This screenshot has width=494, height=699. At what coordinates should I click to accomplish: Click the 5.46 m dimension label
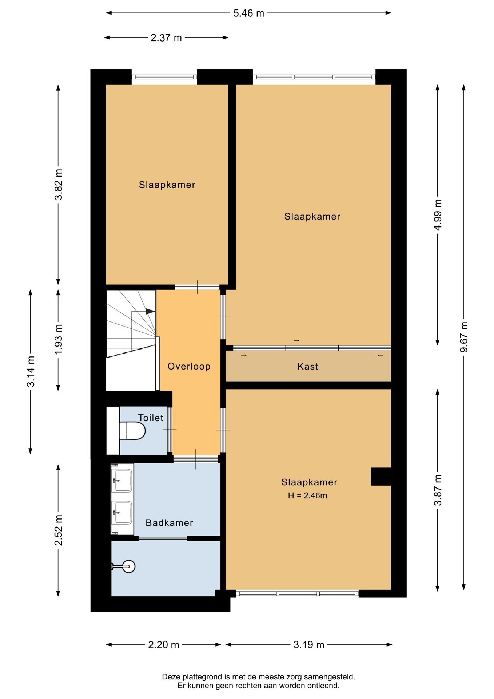coord(248,13)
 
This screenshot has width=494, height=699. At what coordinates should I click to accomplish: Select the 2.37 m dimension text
coord(166,38)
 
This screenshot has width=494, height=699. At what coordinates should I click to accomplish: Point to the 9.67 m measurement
coord(464,337)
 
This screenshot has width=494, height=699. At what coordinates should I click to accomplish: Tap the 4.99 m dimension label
coord(438,215)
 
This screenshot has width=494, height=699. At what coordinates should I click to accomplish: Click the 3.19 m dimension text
coord(309,645)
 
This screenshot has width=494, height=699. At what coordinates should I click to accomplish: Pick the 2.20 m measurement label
coord(164,645)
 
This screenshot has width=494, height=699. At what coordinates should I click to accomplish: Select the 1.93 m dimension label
coord(59,339)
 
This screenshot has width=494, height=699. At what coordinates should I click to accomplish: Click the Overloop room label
coord(189,366)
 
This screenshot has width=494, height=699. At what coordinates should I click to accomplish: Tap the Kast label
coord(308,366)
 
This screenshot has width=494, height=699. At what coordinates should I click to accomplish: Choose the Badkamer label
coord(169,523)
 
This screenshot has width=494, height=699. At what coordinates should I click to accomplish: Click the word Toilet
coord(151,418)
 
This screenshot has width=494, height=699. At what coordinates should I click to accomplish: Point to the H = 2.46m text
coord(307,495)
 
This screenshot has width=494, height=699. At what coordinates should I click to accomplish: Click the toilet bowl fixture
coord(132,431)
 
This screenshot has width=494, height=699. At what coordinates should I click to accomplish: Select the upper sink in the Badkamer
coord(122,480)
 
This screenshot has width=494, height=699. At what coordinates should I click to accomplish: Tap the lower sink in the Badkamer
coord(122,513)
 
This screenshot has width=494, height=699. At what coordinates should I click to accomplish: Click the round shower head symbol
coord(128,566)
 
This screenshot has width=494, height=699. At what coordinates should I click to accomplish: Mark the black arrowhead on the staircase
coord(150,311)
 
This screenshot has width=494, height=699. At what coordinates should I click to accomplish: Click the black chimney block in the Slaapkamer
coord(381,477)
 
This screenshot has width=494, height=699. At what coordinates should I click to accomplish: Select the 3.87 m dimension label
coord(438,490)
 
